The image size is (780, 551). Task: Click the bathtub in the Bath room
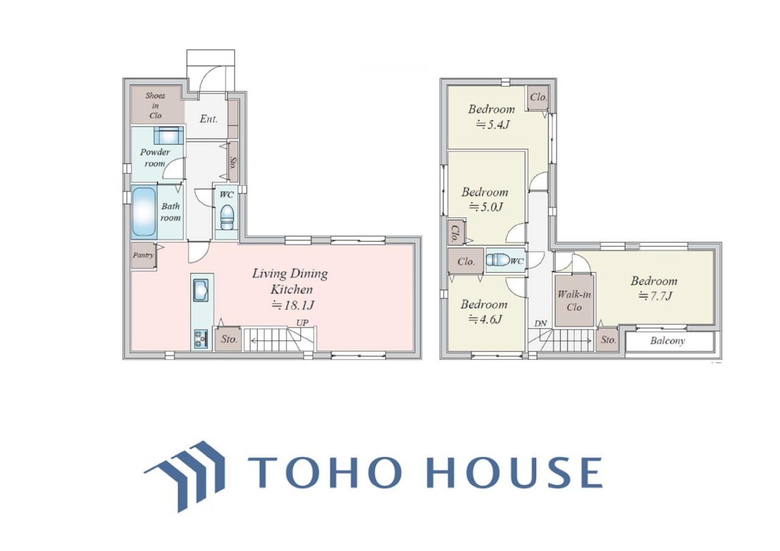[x=143, y=212]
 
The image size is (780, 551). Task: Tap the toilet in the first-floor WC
[x=227, y=217]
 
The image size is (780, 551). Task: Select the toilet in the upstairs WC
[x=497, y=260]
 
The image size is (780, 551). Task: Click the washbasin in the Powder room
[x=168, y=135]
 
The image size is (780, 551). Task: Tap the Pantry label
[x=143, y=255]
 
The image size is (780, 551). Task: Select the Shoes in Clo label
[x=155, y=105]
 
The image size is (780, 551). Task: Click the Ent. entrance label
[x=208, y=119]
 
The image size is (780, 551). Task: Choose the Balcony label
[x=667, y=341]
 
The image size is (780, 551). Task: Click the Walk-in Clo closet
[x=574, y=301]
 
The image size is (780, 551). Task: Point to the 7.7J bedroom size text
[x=654, y=296]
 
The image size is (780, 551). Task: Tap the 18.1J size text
[x=292, y=306]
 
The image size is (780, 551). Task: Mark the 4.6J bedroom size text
[x=485, y=319]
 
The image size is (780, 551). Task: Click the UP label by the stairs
[x=302, y=323]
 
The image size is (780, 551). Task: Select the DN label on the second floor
[x=541, y=323]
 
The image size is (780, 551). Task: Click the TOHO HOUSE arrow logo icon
[x=185, y=476]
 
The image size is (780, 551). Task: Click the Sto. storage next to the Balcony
[x=608, y=340]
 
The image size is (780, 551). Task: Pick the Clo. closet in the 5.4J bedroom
[x=538, y=98]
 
